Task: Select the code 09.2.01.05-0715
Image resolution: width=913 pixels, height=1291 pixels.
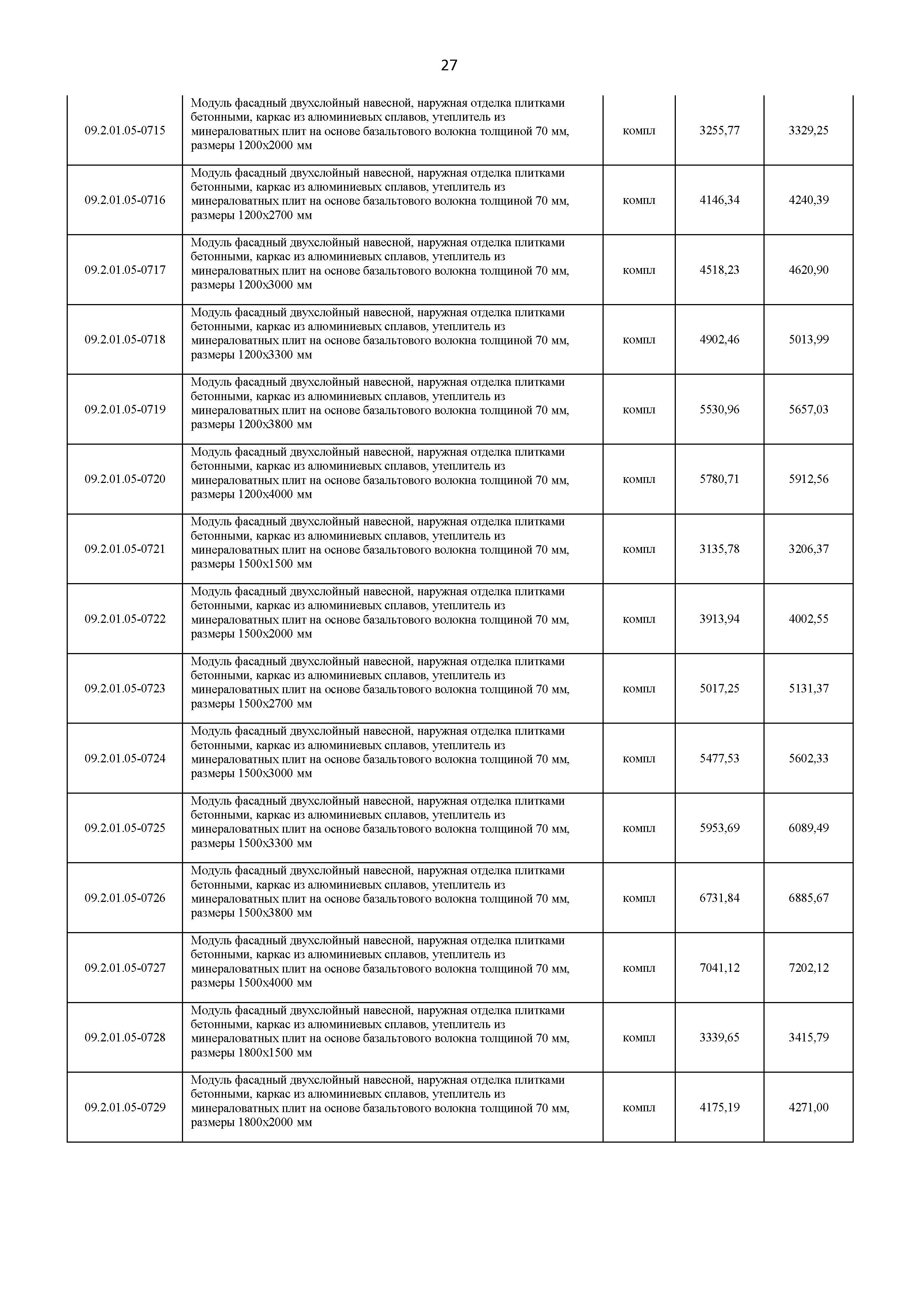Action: (125, 130)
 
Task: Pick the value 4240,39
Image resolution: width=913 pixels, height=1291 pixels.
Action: (808, 200)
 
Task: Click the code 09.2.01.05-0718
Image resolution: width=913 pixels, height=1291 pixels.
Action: (125, 340)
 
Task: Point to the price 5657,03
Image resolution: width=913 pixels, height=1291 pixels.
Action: (808, 409)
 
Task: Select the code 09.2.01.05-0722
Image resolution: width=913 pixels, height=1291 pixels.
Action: (125, 619)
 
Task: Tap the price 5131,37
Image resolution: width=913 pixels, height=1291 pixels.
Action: (808, 689)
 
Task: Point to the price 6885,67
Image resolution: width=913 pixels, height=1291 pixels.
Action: (808, 898)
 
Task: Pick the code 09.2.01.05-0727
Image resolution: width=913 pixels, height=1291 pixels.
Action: (125, 968)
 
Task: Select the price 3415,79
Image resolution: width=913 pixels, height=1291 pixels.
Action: (808, 1037)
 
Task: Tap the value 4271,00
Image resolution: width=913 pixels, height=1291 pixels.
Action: (808, 1108)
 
